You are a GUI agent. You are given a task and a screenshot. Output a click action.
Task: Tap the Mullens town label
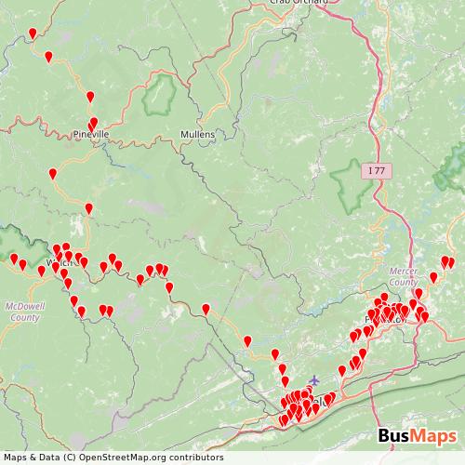pyautogui.click(x=197, y=135)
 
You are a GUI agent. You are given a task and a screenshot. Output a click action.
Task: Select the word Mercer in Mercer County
pyautogui.click(x=402, y=271)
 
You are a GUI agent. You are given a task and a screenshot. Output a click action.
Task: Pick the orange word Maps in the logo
pyautogui.click(x=435, y=436)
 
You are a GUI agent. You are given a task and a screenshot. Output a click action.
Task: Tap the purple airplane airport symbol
pyautogui.click(x=312, y=379)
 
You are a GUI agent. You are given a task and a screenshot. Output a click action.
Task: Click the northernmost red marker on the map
pyautogui.click(x=33, y=33)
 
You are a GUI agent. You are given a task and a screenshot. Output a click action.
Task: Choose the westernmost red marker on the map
pyautogui.click(x=14, y=259)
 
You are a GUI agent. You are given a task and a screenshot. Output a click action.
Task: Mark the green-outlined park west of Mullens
pyautogui.click(x=163, y=92)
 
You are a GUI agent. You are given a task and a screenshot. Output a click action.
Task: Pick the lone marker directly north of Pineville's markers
pyautogui.click(x=90, y=97)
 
